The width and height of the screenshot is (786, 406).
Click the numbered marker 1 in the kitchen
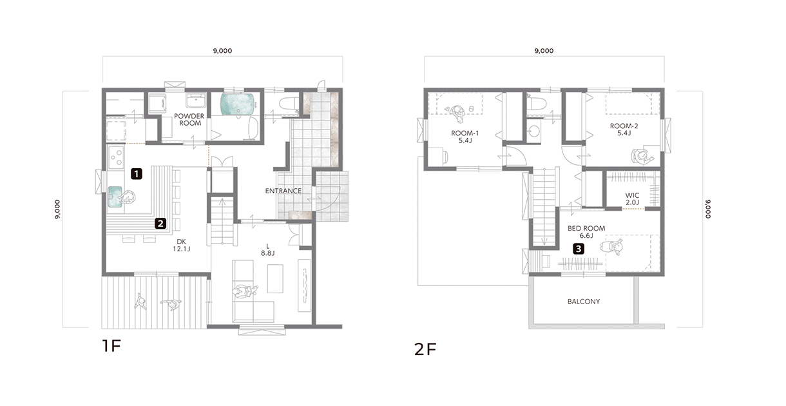click(x=137, y=174)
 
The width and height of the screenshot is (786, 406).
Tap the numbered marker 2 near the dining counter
click(x=160, y=223)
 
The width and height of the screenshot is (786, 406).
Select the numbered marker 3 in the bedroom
click(x=579, y=249)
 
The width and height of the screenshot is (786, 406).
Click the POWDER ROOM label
click(x=189, y=119)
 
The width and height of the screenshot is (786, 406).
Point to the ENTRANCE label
click(x=283, y=191)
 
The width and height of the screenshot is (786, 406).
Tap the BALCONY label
click(x=584, y=302)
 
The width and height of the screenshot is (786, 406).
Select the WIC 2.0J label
click(x=632, y=198)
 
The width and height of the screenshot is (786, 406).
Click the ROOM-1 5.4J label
click(x=465, y=137)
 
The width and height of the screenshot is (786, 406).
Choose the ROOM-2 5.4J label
click(x=624, y=129)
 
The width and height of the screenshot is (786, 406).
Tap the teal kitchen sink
click(x=115, y=197)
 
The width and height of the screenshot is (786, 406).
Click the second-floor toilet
click(x=537, y=104)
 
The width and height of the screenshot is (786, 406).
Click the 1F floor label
click(x=111, y=346)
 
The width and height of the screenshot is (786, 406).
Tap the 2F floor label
click(x=425, y=349)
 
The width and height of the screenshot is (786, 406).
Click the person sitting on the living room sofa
click(x=245, y=291)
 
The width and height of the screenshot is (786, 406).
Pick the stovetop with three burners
click(x=115, y=157)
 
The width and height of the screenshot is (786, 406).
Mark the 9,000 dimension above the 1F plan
click(x=222, y=50)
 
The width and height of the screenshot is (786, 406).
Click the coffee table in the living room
click(x=275, y=278)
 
